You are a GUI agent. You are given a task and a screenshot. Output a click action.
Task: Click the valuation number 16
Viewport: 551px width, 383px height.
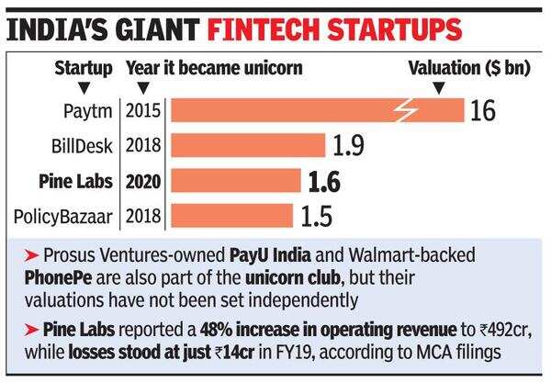point(483,112)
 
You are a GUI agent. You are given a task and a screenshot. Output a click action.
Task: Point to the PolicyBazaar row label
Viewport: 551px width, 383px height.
point(68,217)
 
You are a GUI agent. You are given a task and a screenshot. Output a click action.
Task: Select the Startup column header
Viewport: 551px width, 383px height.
point(84,68)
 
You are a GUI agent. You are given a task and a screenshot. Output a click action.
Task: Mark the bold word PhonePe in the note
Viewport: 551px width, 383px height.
point(46,276)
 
